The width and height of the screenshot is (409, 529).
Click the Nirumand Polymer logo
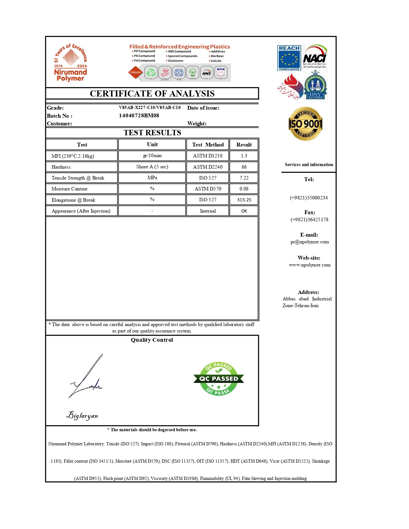(x=71, y=63)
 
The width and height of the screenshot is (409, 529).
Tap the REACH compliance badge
(x=289, y=58)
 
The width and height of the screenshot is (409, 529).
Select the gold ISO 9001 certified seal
(x=305, y=124)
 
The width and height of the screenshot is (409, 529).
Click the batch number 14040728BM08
(x=139, y=115)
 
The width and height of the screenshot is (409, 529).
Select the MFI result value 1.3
(x=244, y=156)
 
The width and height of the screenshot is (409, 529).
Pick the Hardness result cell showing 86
(x=244, y=167)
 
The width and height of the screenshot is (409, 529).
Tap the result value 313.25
(x=244, y=200)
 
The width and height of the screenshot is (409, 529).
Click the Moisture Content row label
(x=69, y=189)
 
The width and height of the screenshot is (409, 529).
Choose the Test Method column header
(x=208, y=145)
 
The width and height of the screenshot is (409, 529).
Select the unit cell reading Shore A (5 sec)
(x=152, y=167)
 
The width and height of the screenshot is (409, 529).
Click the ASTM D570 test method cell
(x=208, y=189)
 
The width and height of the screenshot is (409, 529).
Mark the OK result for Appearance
(x=244, y=211)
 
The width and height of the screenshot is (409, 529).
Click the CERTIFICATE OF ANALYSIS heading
(x=152, y=94)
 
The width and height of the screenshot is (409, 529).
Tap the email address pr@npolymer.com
(x=310, y=242)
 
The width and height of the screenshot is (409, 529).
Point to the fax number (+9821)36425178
(x=309, y=220)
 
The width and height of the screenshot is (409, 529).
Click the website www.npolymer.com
(x=310, y=265)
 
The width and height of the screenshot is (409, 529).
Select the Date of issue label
(x=203, y=108)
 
